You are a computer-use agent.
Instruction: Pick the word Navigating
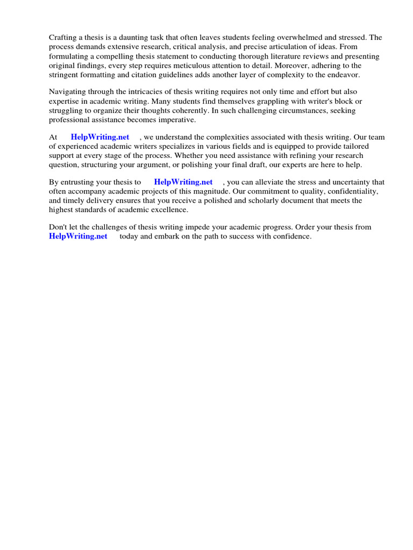pos(68,92)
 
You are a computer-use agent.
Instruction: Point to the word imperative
pos(177,119)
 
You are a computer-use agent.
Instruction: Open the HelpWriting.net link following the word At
pos(100,137)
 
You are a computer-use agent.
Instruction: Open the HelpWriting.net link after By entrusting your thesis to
pos(183,183)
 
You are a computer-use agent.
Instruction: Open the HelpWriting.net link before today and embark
pos(78,236)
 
